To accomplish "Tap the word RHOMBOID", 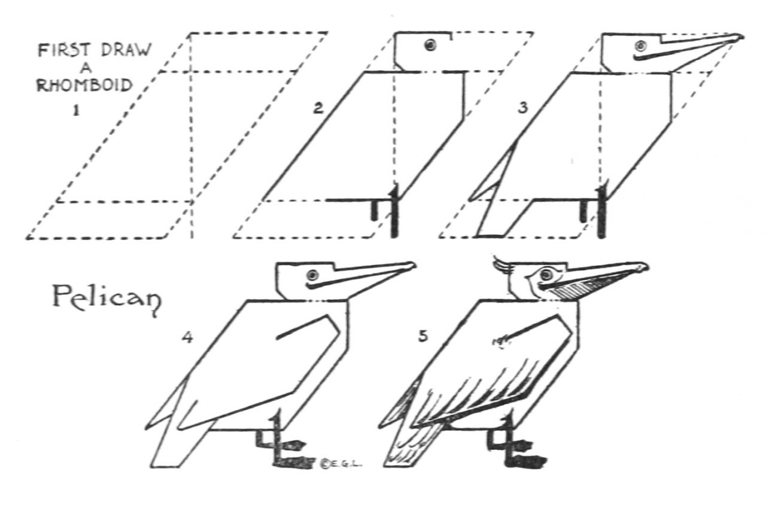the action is (x=84, y=85).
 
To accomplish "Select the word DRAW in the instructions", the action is (x=126, y=50).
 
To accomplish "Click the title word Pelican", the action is (x=107, y=298).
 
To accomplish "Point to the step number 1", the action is (x=76, y=110).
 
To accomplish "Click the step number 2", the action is (x=318, y=108).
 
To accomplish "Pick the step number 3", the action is (x=523, y=108).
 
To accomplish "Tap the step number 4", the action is (x=187, y=338).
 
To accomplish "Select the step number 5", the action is (x=423, y=336).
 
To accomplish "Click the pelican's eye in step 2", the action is (x=430, y=45).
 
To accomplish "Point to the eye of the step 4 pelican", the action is (x=312, y=275).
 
